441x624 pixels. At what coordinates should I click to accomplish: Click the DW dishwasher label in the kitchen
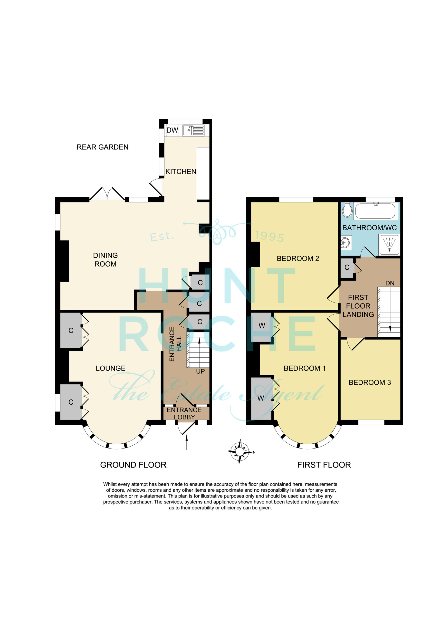click(x=172, y=130)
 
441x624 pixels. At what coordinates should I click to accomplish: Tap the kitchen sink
click(x=193, y=130)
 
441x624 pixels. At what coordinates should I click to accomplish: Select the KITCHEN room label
click(x=181, y=172)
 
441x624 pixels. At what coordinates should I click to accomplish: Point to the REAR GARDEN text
click(x=102, y=147)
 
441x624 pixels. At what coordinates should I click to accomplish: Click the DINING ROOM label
click(x=105, y=260)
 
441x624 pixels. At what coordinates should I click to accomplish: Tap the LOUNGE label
click(x=111, y=368)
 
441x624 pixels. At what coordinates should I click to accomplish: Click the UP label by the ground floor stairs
click(x=201, y=371)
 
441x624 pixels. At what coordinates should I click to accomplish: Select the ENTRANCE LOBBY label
click(x=184, y=413)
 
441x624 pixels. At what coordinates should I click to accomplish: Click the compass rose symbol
click(x=240, y=452)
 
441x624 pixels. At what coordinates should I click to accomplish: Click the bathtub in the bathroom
click(x=375, y=211)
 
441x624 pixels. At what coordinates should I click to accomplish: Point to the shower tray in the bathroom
click(x=389, y=245)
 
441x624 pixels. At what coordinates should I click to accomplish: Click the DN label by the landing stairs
click(x=390, y=283)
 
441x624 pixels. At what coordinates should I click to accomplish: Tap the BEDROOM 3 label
click(x=370, y=382)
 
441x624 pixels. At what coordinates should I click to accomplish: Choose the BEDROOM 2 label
click(x=298, y=258)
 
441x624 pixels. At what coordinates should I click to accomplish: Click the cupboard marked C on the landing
click(x=347, y=268)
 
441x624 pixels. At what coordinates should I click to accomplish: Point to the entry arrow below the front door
click(x=186, y=442)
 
